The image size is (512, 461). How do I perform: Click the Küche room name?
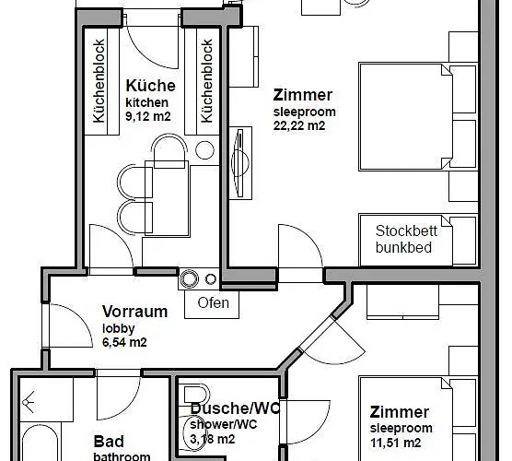tap(150, 86)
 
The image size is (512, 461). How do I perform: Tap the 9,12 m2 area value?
tap(148, 116)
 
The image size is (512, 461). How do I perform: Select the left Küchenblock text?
tap(99, 81)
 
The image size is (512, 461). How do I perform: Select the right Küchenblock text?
tap(206, 81)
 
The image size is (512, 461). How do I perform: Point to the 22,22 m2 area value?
tap(299, 125)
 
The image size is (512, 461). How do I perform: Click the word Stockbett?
tap(406, 231)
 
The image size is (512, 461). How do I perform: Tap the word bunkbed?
tap(403, 247)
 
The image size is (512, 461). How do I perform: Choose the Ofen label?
tap(214, 302)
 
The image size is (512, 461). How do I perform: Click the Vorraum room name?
tap(134, 312)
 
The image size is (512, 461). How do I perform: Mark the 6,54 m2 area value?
tap(124, 342)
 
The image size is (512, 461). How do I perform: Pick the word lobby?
tap(119, 328)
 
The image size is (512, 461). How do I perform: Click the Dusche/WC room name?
tap(235, 408)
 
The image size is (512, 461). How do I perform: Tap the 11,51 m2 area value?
tap(395, 443)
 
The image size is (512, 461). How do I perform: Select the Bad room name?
tap(109, 442)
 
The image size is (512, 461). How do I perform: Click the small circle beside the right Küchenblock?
tap(204, 150)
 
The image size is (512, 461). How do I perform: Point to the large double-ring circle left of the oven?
tap(189, 279)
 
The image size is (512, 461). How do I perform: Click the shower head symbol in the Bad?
tap(29, 402)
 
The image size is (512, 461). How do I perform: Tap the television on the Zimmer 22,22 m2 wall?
tap(240, 162)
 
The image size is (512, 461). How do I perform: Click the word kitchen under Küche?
tap(147, 102)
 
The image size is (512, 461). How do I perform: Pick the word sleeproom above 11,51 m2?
tap(401, 428)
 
